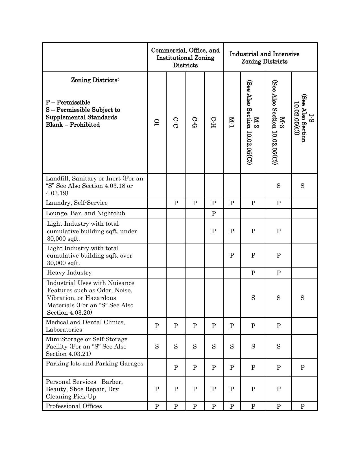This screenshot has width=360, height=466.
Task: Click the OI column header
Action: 157,122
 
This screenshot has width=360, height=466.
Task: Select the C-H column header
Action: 214,122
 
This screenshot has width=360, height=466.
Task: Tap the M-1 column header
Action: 232,122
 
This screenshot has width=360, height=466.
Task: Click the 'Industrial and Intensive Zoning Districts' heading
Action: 264,58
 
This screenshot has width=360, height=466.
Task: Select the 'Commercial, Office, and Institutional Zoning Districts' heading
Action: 185,58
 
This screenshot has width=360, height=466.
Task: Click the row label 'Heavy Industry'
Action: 69,273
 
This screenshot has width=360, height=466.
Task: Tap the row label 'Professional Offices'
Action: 74,406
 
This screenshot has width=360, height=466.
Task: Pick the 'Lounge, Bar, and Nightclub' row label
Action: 85,213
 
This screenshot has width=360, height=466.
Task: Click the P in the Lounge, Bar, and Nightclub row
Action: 214,214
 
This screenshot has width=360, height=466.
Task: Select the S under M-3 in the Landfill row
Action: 278,186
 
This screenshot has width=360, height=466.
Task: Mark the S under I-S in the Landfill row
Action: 302,186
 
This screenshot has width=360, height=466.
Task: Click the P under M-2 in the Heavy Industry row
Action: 253,273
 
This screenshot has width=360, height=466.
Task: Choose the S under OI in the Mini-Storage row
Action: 157,347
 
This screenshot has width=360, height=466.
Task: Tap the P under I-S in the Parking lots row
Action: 302,368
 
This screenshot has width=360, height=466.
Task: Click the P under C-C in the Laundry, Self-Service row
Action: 176,203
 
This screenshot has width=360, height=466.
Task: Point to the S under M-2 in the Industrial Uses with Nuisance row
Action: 253,298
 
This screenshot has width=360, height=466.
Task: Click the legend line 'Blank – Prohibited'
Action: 73,125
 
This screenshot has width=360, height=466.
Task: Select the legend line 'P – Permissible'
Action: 68,102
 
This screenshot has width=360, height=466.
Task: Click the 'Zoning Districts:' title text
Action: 95,80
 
